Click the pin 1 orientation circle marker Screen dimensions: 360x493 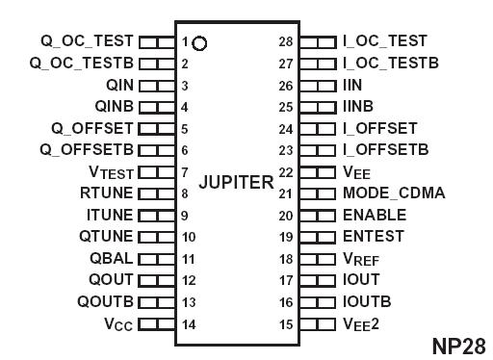[199, 42]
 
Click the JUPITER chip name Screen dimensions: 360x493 [236, 182]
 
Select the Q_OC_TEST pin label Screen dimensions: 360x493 [87, 41]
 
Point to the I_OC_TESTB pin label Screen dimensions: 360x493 [391, 64]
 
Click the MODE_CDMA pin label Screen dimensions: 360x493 [394, 193]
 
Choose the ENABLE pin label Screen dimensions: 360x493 [375, 215]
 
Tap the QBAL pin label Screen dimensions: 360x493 [113, 257]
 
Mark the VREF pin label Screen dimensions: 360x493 [364, 258]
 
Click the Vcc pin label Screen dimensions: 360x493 [118, 323]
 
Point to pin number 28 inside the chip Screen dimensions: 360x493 [286, 41]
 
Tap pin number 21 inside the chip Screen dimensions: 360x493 [286, 193]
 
